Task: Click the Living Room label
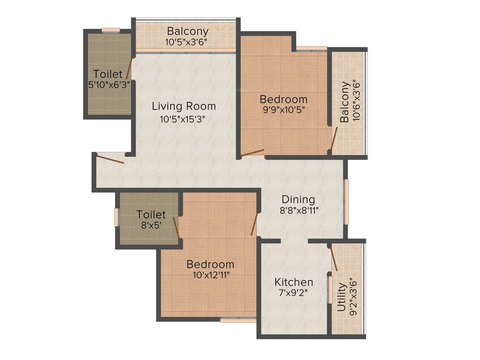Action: (184, 106)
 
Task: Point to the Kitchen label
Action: (294, 282)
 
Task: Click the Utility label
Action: (341, 297)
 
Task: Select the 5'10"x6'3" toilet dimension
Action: (108, 85)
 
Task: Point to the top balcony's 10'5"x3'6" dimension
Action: (186, 42)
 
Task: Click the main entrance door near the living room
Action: (110, 158)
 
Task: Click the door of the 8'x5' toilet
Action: (176, 227)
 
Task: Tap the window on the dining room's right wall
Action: (347, 201)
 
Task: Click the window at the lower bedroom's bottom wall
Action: (238, 321)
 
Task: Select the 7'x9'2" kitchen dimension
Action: (294, 293)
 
